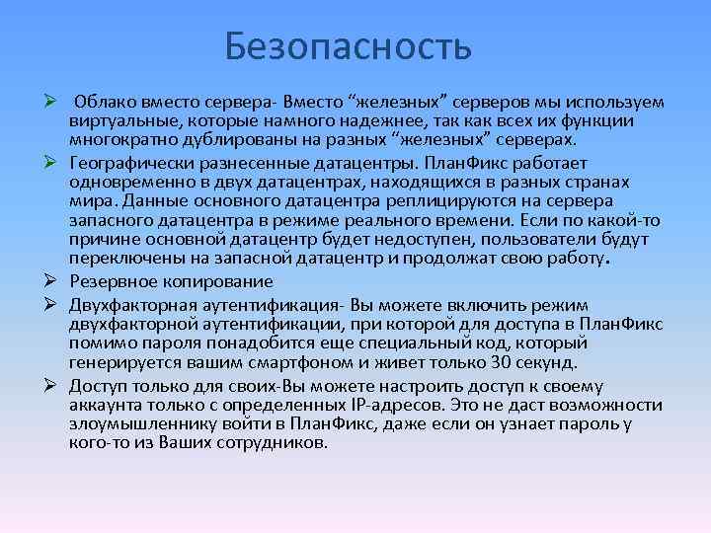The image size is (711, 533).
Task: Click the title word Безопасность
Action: (x=348, y=45)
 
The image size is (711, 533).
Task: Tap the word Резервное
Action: (x=112, y=279)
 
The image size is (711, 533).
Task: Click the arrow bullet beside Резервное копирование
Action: (x=48, y=279)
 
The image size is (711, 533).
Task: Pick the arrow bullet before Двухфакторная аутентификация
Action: (x=48, y=303)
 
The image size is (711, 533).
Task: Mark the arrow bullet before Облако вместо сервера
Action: (x=48, y=102)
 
